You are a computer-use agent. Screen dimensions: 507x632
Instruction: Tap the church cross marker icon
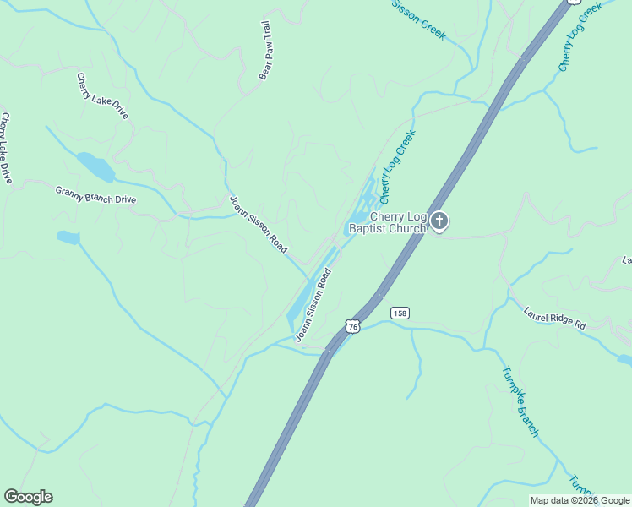[x=439, y=221]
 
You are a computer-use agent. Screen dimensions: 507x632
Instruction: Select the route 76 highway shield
[x=352, y=326]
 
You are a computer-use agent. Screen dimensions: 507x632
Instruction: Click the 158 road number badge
[x=400, y=313]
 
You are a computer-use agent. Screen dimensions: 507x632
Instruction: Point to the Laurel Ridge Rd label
[x=554, y=318]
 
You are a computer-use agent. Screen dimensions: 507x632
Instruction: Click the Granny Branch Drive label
[x=95, y=194]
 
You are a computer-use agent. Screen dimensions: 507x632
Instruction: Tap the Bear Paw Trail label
[x=264, y=50]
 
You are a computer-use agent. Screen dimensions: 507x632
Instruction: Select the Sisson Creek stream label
[x=417, y=19]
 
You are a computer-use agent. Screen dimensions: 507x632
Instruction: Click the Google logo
[x=28, y=497]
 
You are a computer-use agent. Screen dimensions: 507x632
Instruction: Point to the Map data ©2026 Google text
[x=580, y=500]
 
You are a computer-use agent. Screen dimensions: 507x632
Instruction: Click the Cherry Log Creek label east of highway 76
[x=580, y=35]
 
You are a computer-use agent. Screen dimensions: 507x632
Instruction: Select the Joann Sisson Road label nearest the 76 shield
[x=313, y=305]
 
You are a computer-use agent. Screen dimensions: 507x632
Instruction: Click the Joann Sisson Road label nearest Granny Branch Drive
[x=259, y=225]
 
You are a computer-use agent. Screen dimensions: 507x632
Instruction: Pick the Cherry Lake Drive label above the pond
[x=102, y=95]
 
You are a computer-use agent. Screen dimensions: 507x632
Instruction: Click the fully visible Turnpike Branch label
[x=520, y=401]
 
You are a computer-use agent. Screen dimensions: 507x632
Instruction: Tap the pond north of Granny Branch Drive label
[x=95, y=166]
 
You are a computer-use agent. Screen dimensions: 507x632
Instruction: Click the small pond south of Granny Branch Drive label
[x=68, y=237]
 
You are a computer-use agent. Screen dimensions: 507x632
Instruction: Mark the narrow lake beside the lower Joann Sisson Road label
[x=302, y=300]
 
